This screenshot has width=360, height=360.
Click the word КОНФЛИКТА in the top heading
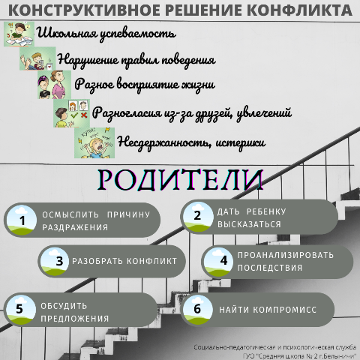coord(301,10)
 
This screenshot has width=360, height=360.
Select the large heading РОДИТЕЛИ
coord(180,180)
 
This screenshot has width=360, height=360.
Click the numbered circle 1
coord(22,220)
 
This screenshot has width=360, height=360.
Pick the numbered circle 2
coord(198,216)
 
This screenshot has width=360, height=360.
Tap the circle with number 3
coord(55,261)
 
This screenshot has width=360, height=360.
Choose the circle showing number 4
coord(218,262)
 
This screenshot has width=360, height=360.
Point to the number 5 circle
coord(21,310)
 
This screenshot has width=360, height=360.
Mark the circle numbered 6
coord(198,310)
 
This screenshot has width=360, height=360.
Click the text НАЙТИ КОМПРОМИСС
coord(268,310)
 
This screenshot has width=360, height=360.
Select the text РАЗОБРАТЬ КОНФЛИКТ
coord(124,261)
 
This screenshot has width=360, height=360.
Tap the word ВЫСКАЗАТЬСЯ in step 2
coord(249,224)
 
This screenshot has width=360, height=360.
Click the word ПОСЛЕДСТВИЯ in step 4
coord(270,268)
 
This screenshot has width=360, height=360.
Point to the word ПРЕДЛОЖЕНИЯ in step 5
coord(75,319)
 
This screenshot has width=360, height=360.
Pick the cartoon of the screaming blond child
coord(94,142)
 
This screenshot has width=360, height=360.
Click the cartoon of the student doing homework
coord(19,34)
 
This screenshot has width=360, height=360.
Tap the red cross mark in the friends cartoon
coord(84,115)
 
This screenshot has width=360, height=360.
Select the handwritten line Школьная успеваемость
coord(106,34)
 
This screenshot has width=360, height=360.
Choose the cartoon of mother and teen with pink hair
coord(55,85)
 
